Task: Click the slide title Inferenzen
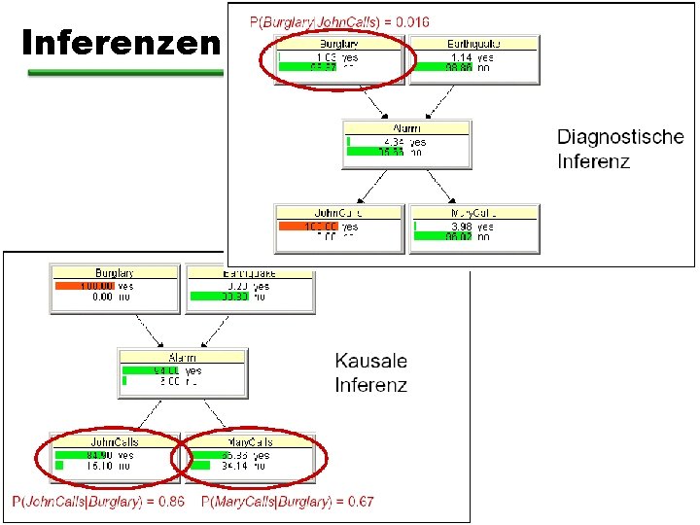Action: point(122,42)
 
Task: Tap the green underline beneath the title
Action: point(126,72)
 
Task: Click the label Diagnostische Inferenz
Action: point(620,149)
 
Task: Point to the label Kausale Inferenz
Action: point(370,373)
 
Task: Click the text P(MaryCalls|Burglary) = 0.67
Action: point(287,502)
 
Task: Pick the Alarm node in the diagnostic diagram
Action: point(406,144)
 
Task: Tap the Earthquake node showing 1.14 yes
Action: point(472,57)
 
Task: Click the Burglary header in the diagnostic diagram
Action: point(338,43)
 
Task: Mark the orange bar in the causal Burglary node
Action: point(85,286)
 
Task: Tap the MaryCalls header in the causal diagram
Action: point(250,442)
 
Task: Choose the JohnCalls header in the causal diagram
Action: point(114,442)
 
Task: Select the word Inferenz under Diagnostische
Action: point(593,160)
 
